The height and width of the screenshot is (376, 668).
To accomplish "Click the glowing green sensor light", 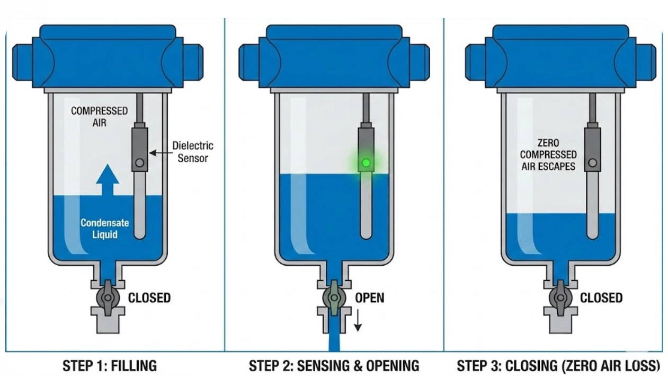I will click(365, 162).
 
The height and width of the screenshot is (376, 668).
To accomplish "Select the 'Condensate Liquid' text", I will click(104, 228).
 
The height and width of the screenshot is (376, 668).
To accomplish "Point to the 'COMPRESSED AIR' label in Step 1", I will click(99, 116).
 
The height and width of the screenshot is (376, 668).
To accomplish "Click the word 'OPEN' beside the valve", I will click(369, 298).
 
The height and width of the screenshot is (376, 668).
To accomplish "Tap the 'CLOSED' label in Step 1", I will click(149, 298).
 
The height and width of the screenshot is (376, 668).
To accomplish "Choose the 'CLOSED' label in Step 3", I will click(601, 298).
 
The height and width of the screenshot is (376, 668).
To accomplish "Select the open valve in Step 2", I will click(334, 298).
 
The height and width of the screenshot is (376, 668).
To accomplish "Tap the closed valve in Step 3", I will click(560, 298).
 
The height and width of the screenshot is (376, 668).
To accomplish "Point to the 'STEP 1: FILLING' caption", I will click(110, 365).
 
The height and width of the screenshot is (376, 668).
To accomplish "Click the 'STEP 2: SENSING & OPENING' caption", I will click(334, 365).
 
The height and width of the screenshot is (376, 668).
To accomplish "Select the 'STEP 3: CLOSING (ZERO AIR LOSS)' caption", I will click(558, 365).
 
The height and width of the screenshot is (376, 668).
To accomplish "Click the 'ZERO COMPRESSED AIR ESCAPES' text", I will click(548, 154).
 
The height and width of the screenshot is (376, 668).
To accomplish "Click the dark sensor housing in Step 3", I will click(592, 148).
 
